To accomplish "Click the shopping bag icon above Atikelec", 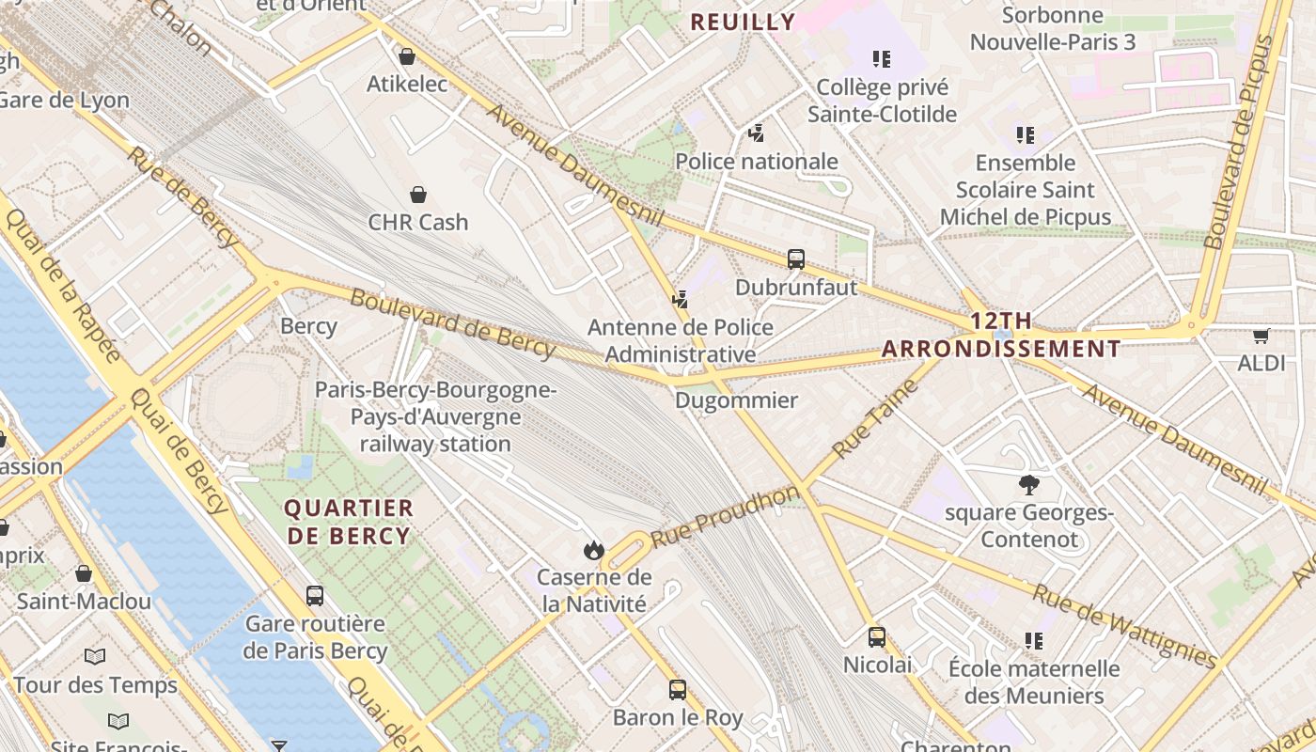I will [407, 56].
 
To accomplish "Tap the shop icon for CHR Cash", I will [418, 195].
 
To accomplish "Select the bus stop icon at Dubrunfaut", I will [796, 258].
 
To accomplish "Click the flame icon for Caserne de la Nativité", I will [593, 550].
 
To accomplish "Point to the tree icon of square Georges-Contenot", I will [1029, 485].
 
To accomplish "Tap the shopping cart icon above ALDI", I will [1261, 336].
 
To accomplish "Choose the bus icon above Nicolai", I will [877, 637].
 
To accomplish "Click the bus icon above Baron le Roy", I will [678, 690].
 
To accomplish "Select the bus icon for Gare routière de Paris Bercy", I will [315, 595].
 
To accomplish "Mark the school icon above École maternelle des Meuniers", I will [1034, 641].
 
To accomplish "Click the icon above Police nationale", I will [757, 133].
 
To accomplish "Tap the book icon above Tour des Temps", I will [95, 656].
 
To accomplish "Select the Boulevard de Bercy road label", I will [452, 322].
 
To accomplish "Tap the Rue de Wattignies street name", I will [1123, 625].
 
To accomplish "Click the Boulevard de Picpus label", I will [1242, 141].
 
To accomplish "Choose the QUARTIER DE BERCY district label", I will [349, 522].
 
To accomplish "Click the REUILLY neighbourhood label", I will [743, 22].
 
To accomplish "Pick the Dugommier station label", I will [736, 400].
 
